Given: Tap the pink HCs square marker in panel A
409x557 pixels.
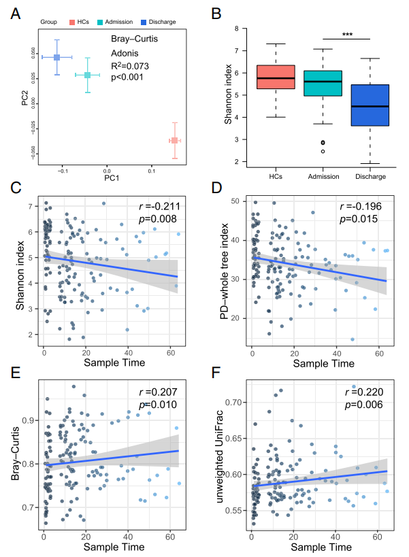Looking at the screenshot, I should pyautogui.click(x=174, y=140).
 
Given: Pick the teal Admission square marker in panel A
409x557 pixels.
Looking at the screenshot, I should pyautogui.click(x=87, y=75).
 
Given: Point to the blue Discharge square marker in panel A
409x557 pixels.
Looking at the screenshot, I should pyautogui.click(x=57, y=57).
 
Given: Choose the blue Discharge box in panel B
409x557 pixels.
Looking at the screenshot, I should pyautogui.click(x=369, y=105).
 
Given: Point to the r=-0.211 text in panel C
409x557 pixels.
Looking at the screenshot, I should pyautogui.click(x=156, y=205).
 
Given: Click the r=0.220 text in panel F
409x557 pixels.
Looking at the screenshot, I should pyautogui.click(x=364, y=392).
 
